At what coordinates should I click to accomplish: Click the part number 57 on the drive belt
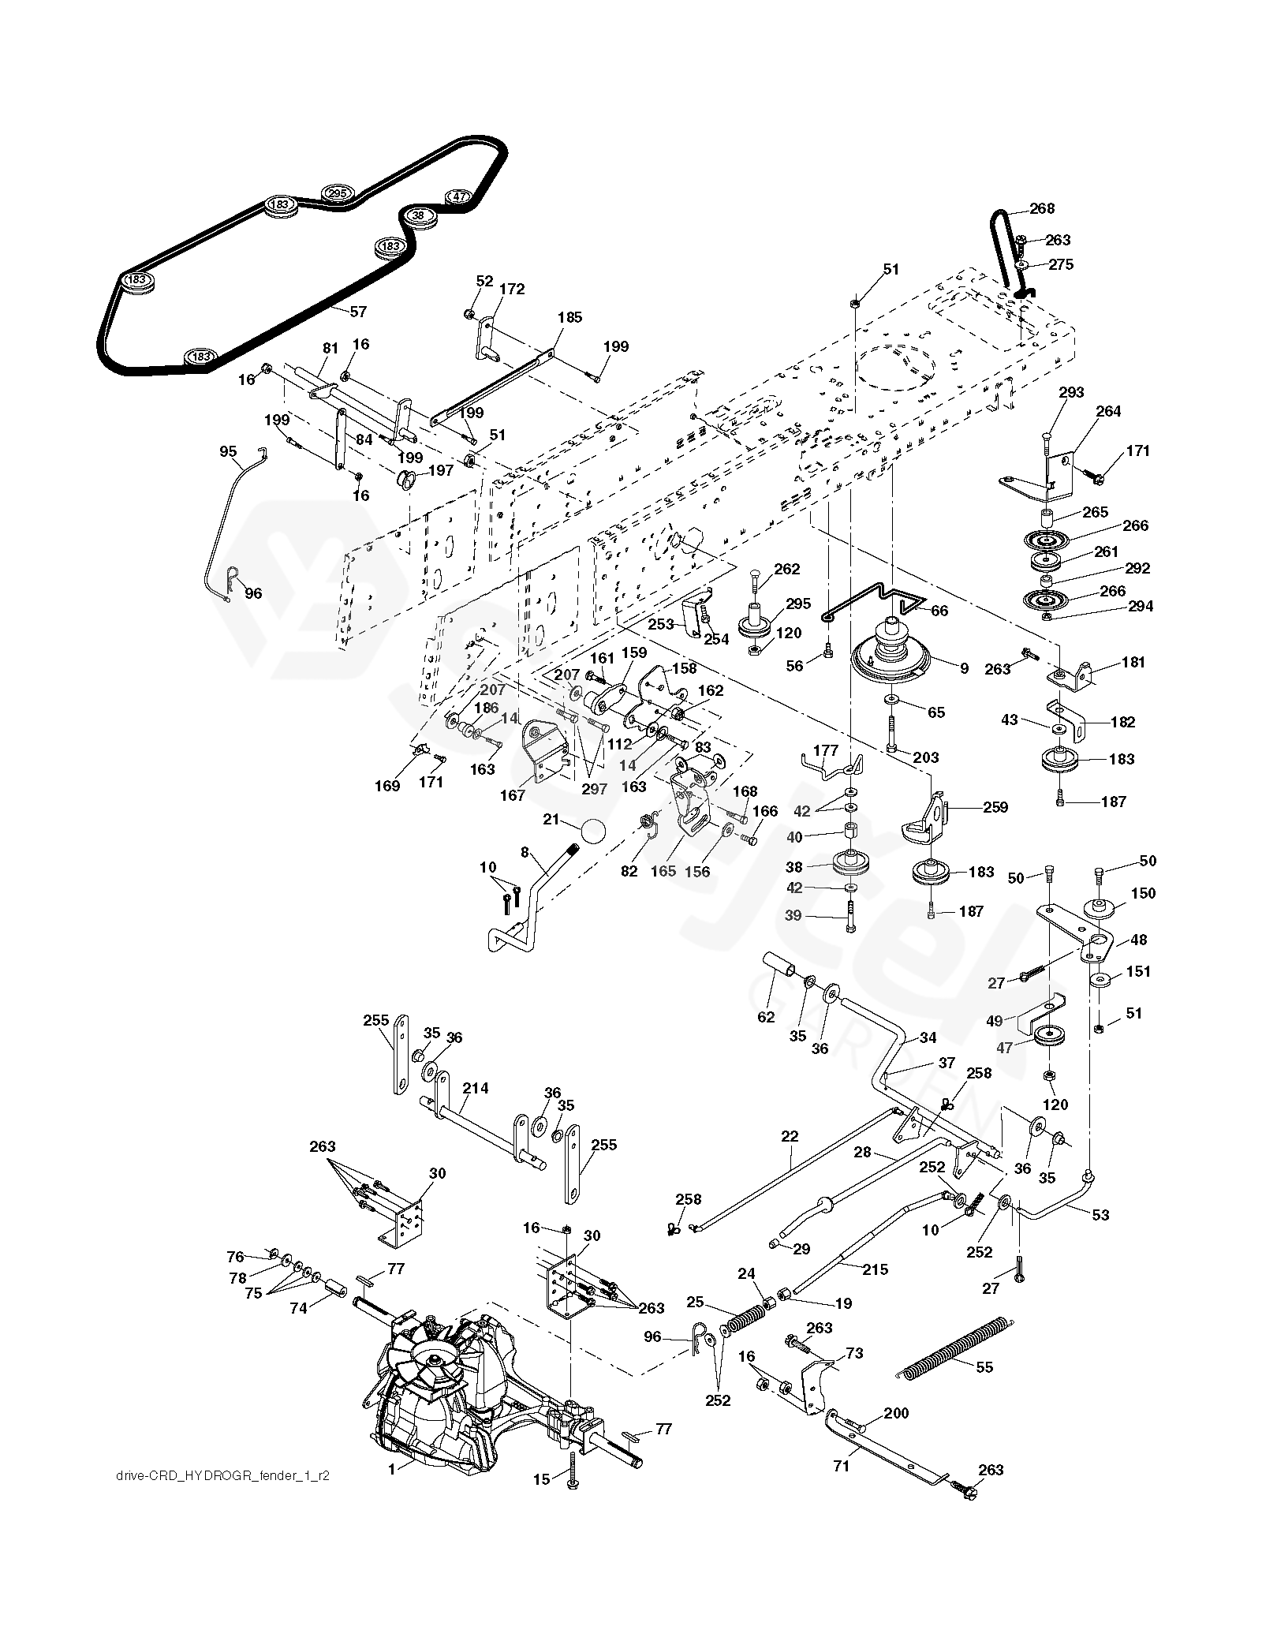(358, 312)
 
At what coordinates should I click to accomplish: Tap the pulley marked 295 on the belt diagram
(338, 194)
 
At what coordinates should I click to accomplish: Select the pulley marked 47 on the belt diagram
(459, 197)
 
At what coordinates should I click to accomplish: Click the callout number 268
(1042, 209)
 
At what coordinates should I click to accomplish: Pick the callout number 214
(476, 1088)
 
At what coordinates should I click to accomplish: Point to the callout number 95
(228, 451)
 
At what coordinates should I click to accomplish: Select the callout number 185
(569, 317)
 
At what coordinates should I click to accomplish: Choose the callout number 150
(1143, 893)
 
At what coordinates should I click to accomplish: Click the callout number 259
(995, 807)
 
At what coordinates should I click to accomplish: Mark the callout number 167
(513, 795)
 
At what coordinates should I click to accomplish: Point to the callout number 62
(767, 1017)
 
